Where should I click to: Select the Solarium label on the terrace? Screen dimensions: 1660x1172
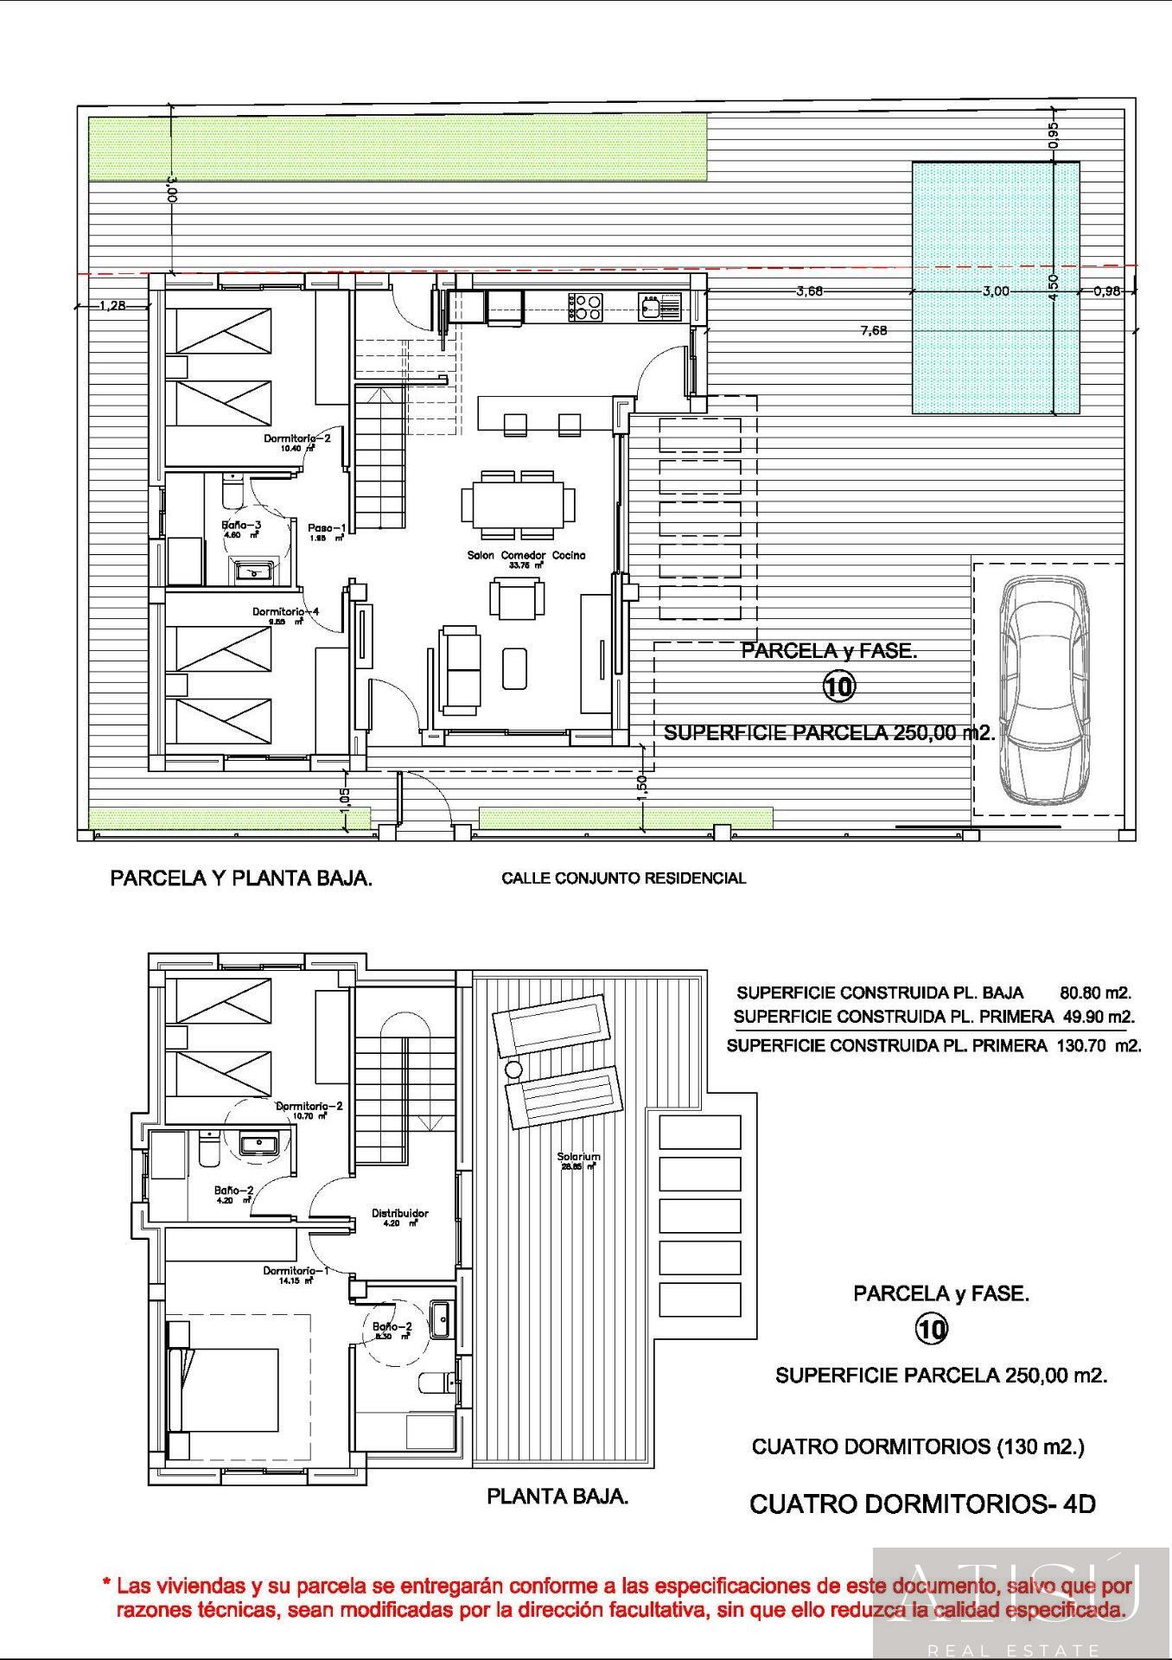pyautogui.click(x=578, y=1157)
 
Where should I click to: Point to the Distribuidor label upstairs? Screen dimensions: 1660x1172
pyautogui.click(x=400, y=1213)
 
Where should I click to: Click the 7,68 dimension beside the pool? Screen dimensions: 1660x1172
pyautogui.click(x=874, y=330)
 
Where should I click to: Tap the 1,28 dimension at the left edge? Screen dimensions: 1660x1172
pyautogui.click(x=113, y=305)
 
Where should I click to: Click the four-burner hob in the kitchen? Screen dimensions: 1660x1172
pyautogui.click(x=585, y=307)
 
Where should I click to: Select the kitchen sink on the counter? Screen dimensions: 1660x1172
pyautogui.click(x=650, y=305)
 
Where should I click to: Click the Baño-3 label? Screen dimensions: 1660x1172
pyautogui.click(x=241, y=525)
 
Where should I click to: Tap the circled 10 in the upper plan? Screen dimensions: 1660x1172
pyautogui.click(x=838, y=686)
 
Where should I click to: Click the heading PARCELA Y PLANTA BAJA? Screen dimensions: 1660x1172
pyautogui.click(x=241, y=878)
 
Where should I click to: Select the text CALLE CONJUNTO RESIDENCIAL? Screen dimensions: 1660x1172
pyautogui.click(x=623, y=878)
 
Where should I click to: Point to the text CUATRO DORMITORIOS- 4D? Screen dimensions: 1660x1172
pyautogui.click(x=922, y=1504)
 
